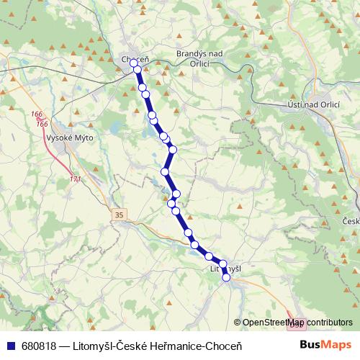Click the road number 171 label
point(76,179)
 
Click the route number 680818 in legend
point(39,346)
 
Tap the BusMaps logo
point(326,345)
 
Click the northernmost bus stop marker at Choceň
point(134,63)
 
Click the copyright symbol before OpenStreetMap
point(238,323)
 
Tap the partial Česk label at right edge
point(351,221)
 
